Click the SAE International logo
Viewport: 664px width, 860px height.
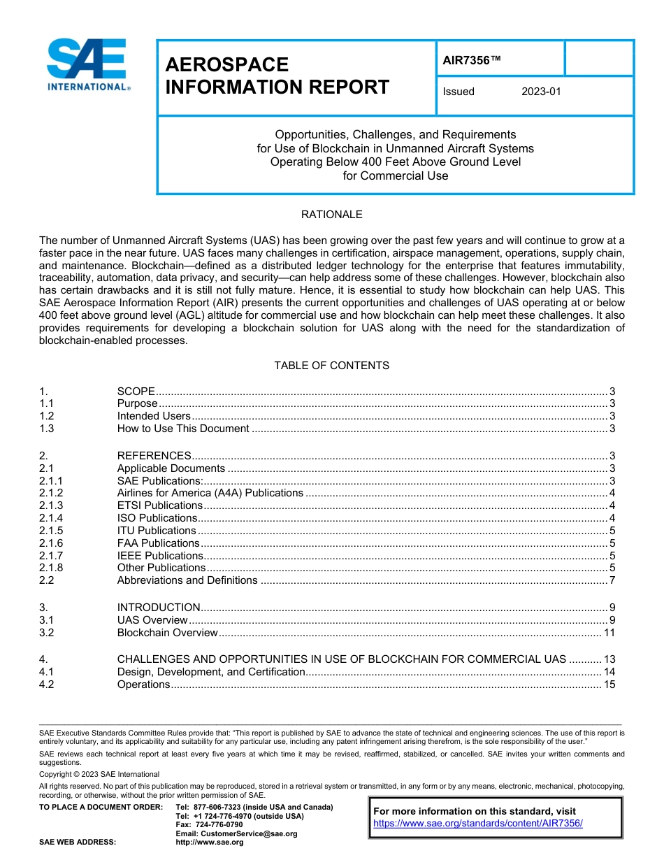[x=87, y=64]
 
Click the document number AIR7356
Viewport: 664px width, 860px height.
[x=472, y=60]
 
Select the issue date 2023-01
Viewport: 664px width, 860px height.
[x=541, y=92]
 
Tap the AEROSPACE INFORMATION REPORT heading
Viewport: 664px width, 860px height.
[x=277, y=76]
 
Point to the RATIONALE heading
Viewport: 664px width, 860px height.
[x=331, y=215]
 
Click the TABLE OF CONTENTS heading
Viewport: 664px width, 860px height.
[x=331, y=366]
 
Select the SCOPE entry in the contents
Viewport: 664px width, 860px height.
[x=136, y=391]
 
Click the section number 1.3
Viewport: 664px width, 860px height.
[x=47, y=429]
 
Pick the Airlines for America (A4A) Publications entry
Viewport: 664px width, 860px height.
[x=210, y=493]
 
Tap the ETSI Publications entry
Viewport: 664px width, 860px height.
[x=159, y=506]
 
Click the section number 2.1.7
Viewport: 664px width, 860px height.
[x=51, y=556]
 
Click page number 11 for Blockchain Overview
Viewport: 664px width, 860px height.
[x=609, y=633]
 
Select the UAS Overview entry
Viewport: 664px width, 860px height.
[x=152, y=620]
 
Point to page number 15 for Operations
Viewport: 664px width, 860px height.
[x=609, y=685]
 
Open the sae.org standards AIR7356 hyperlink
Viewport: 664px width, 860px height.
[x=477, y=823]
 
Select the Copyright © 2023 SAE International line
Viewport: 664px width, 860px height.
[x=99, y=774]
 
